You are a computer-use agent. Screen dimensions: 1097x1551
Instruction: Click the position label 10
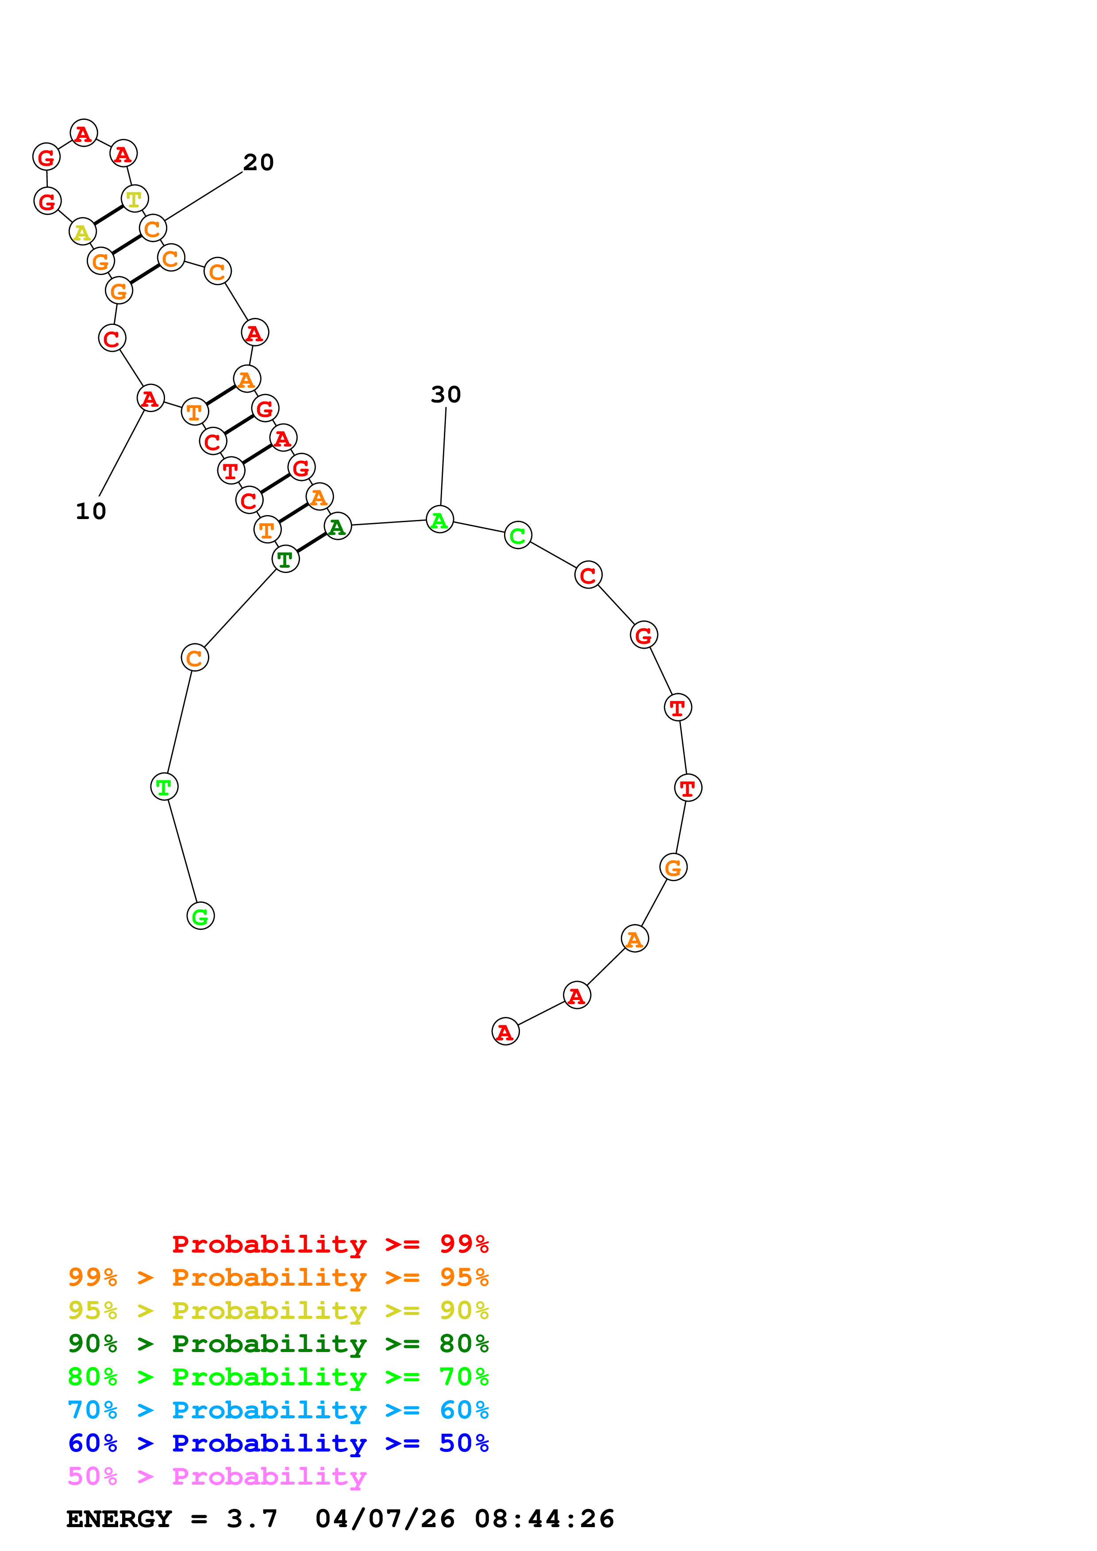tap(91, 512)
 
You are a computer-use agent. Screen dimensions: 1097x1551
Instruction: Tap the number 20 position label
tap(258, 163)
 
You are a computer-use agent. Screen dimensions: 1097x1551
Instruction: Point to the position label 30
tap(446, 394)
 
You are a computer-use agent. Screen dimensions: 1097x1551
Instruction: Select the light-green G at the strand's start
tap(200, 916)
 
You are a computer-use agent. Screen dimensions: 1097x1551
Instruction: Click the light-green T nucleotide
tap(164, 787)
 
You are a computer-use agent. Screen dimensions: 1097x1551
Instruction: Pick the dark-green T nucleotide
tap(285, 559)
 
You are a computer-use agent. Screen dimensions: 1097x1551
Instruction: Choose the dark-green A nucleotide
tap(337, 526)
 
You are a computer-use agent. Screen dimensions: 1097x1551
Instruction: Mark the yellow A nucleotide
tap(82, 232)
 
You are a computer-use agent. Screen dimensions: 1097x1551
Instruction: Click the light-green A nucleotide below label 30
tap(440, 520)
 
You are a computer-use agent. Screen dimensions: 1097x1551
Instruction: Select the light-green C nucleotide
tap(518, 535)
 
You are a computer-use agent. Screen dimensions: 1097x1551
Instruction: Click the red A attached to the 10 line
tap(150, 398)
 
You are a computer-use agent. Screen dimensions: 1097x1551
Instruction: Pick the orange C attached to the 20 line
tap(153, 229)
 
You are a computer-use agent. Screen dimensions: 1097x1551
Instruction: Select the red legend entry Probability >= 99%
tap(330, 1244)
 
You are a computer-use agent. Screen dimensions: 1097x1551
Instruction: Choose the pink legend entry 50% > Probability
tap(217, 1477)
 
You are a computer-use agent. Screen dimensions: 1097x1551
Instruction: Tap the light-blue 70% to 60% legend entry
tap(278, 1410)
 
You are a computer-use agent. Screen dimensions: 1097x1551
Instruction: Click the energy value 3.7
tap(251, 1519)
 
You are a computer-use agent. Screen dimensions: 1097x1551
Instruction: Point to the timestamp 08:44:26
tap(544, 1519)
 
